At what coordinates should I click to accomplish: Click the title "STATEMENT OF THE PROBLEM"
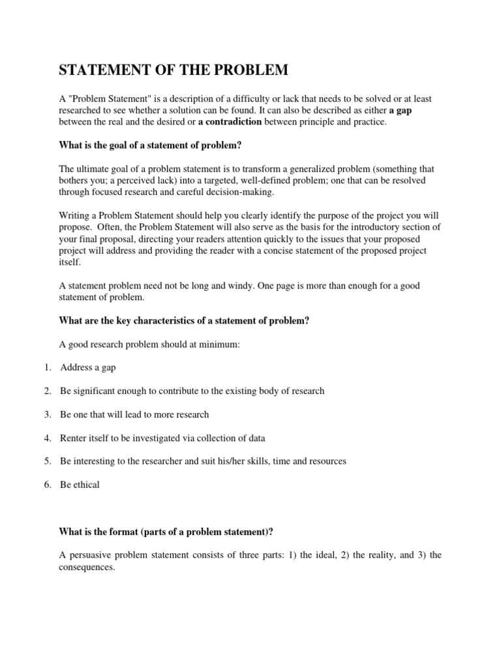point(173,70)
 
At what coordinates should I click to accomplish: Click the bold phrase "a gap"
point(399,110)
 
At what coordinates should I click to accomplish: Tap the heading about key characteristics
point(183,320)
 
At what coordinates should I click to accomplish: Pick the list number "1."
point(48,367)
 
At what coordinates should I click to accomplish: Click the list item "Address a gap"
point(88,367)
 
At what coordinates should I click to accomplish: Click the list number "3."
point(48,414)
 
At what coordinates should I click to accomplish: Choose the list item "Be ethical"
point(80,485)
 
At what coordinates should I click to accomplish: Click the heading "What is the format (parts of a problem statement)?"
point(166,532)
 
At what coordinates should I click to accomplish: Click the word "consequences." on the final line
point(87,567)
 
